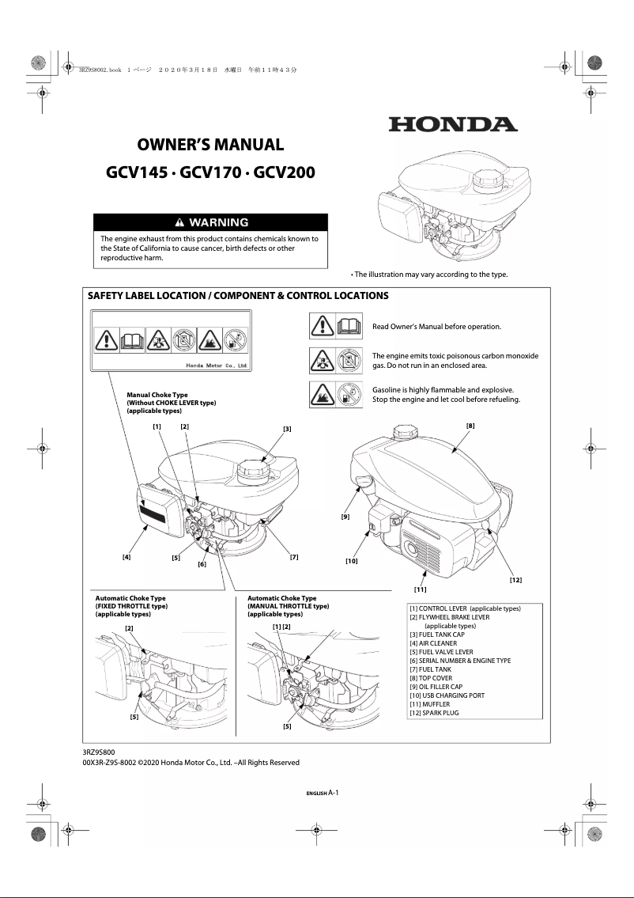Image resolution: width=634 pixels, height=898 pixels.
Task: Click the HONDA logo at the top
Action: tap(452, 124)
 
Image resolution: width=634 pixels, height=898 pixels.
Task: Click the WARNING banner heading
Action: tap(210, 222)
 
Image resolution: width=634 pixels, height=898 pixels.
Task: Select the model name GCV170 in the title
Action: tap(211, 172)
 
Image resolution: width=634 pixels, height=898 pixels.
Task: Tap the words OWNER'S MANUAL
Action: tap(210, 145)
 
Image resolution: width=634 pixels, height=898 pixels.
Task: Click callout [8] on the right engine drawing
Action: tap(470, 426)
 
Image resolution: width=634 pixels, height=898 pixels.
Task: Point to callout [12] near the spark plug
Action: tap(515, 580)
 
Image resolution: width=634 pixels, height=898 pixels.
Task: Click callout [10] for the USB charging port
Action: tap(352, 560)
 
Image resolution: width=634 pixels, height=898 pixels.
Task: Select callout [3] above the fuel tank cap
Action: tap(287, 428)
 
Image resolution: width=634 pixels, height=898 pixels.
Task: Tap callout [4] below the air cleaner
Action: tap(126, 557)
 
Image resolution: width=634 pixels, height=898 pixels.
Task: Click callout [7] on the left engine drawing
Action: tap(294, 557)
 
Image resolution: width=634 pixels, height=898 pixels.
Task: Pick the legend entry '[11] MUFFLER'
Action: tap(430, 704)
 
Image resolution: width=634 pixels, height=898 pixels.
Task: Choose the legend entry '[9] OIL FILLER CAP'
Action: tap(436, 687)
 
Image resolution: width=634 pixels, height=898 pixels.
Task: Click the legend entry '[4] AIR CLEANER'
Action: tap(432, 643)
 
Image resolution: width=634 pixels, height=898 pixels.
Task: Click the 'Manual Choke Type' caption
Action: tap(157, 394)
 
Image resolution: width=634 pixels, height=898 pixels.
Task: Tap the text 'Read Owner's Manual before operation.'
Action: tap(436, 326)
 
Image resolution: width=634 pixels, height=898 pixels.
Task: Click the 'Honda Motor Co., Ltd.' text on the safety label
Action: tap(217, 366)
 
